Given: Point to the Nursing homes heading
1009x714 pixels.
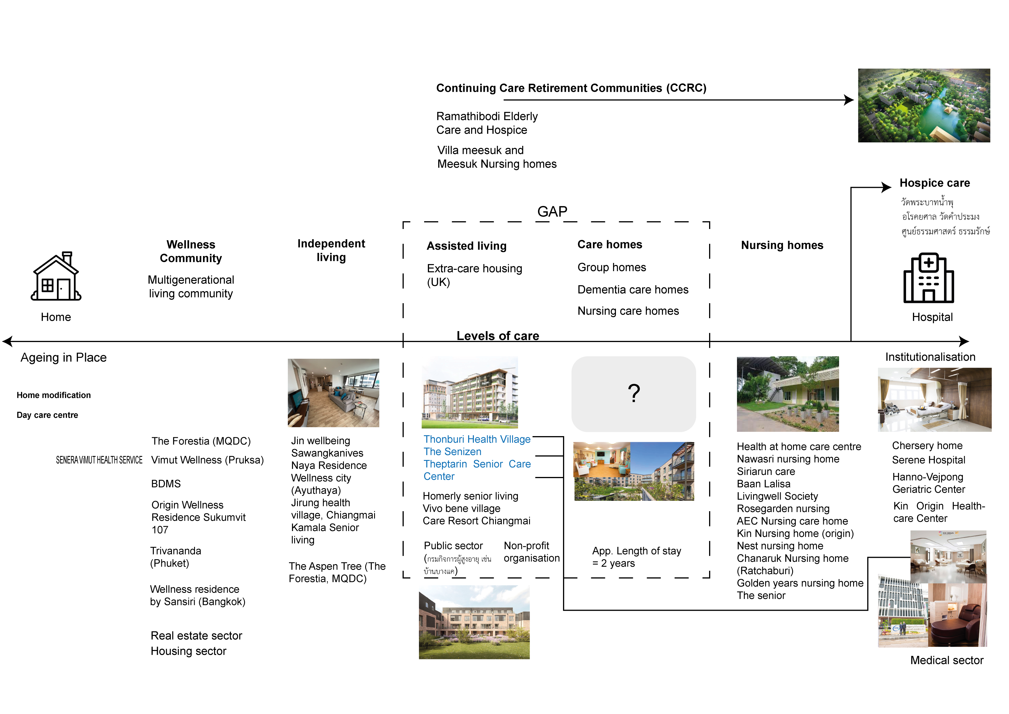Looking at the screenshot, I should (782, 245).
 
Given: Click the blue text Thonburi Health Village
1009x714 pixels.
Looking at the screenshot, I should (477, 439).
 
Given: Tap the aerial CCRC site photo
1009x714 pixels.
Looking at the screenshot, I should (924, 106).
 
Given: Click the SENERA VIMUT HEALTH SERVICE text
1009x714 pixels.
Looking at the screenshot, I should (99, 460).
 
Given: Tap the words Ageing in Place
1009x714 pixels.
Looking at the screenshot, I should (64, 358).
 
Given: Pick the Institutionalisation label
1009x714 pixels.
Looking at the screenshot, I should (930, 357).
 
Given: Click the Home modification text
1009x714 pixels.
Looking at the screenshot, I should (53, 395).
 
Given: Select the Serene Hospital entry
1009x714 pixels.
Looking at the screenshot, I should (928, 460).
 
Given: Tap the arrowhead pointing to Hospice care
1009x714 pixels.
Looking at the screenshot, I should (886, 187).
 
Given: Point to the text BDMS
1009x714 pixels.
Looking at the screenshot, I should (166, 484).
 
